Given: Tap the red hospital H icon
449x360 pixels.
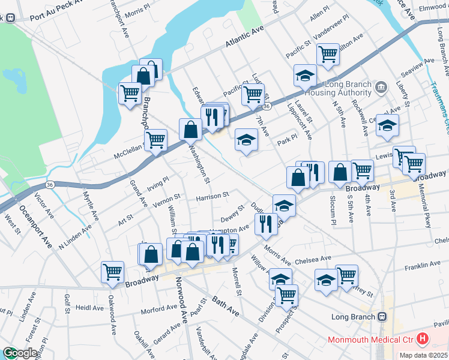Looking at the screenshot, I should click(x=423, y=340).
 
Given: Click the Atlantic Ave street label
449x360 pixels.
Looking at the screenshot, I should click(x=246, y=40).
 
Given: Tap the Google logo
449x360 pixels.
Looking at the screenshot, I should click(x=20, y=353).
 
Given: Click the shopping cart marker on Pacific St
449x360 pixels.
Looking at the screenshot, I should click(x=253, y=94).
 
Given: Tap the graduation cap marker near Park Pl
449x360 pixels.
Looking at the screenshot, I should click(x=245, y=139).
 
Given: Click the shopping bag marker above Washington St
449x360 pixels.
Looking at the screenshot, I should click(x=190, y=128).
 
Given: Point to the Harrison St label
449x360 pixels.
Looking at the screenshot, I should click(x=212, y=196).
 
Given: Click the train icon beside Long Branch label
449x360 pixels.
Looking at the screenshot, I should click(x=381, y=316).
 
